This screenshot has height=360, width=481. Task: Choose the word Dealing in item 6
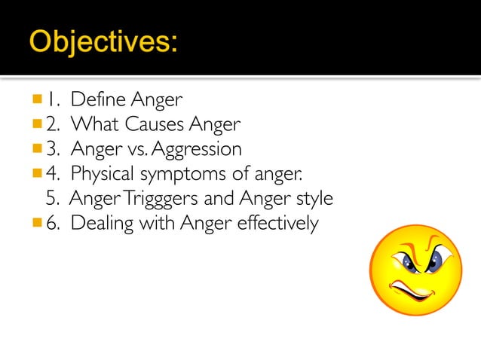point(101,224)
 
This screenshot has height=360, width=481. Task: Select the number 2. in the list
point(53,124)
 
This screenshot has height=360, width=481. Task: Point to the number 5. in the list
point(53,199)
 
